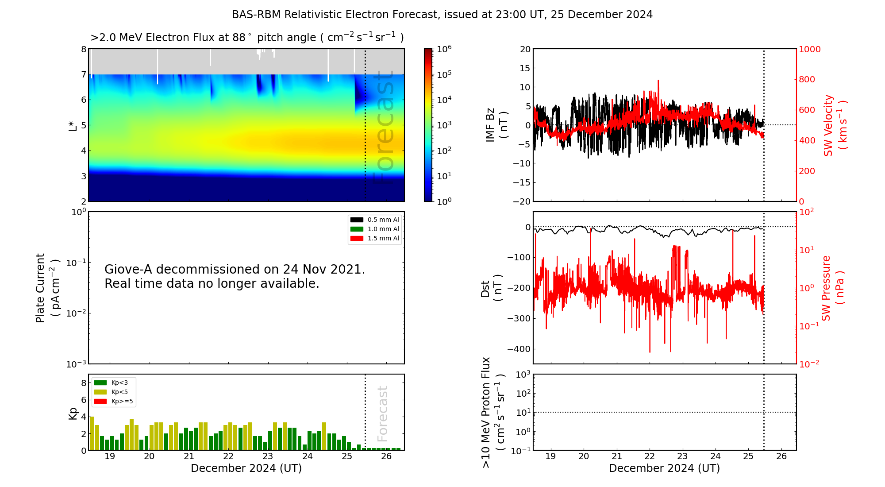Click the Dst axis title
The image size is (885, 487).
[x=492, y=288]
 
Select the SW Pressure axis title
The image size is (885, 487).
[x=832, y=288]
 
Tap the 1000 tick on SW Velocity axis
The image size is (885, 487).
[x=809, y=50]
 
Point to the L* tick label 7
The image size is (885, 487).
[x=84, y=74]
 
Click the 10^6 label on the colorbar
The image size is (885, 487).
[x=444, y=49]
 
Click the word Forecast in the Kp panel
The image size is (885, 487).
[x=383, y=414]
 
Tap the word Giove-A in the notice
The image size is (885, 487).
[x=128, y=269]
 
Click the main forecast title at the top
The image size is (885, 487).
[x=442, y=15]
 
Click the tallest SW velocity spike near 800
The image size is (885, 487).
[x=658, y=81]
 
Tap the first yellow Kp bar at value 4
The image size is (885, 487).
[x=92, y=433]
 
